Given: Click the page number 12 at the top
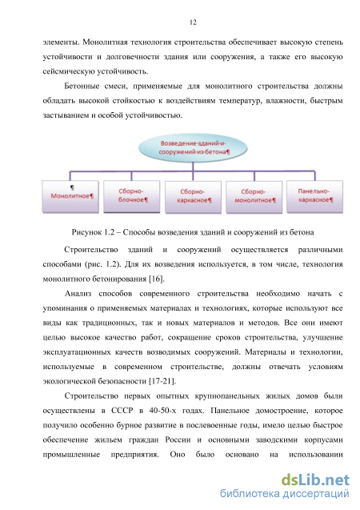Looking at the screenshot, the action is point(193,22).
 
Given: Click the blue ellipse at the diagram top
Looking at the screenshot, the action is point(193,147).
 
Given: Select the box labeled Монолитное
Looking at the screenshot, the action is point(70,196).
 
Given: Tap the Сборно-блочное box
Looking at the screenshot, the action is point(131,196).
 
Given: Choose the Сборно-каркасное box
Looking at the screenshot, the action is point(193,196).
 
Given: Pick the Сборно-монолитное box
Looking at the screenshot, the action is point(254,196).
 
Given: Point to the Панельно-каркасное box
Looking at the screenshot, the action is point(315,196).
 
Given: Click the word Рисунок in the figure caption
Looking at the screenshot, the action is point(86,232).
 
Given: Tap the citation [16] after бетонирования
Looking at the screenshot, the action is point(157,279).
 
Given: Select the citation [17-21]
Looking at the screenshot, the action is point(162,381).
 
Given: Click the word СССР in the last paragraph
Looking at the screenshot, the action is point(122,411).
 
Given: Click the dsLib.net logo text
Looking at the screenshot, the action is point(315,480).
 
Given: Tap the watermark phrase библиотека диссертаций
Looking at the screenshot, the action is point(285,494).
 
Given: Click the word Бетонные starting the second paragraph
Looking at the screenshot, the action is point(82,86).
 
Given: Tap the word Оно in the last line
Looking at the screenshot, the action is point(178,455).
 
